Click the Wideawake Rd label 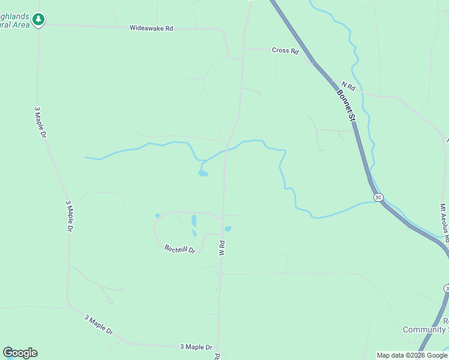point(151,28)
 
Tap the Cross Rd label point(285,51)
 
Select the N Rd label point(348,86)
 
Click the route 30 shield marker point(378,197)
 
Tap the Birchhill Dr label point(180,248)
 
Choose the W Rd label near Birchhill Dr point(221,248)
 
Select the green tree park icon point(38,20)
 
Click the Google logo point(20,353)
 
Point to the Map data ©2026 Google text point(412,356)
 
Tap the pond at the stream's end point(203,174)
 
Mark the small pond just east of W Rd point(228,229)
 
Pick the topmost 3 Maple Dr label point(40,122)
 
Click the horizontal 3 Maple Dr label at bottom point(196,347)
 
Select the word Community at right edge point(425,330)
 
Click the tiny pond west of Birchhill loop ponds point(157,216)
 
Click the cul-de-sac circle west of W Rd point(110,301)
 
